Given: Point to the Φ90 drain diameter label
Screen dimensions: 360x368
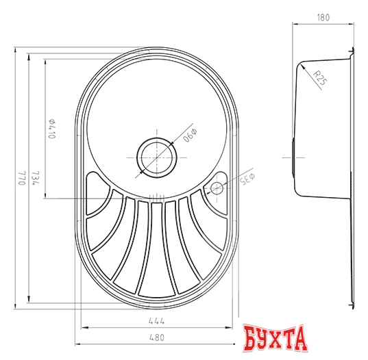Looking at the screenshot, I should tap(190, 135).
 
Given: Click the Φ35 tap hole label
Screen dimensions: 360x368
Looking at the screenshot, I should tap(246, 179).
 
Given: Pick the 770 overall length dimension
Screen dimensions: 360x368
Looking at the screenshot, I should tap(21, 178).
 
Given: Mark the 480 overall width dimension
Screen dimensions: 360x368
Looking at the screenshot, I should tap(158, 337).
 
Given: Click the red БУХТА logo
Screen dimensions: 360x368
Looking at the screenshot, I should tap(273, 339).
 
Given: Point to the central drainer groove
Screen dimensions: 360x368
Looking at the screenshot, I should tap(157, 246).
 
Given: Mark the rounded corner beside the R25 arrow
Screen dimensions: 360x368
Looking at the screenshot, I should tap(304, 68).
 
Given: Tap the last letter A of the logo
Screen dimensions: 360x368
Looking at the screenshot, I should tap(296, 340).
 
